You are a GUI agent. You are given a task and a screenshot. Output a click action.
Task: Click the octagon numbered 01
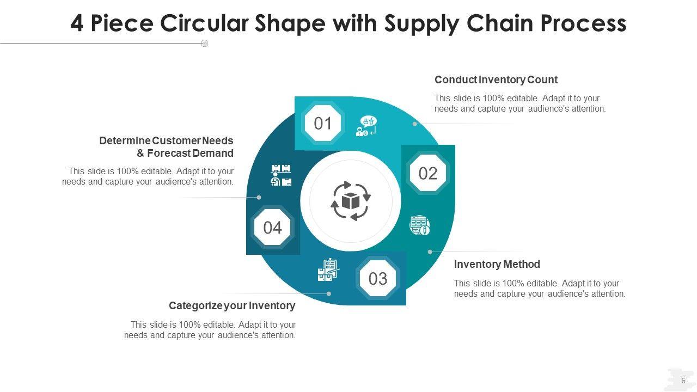(x=323, y=123)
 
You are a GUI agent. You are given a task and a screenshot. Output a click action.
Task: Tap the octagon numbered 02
(x=428, y=173)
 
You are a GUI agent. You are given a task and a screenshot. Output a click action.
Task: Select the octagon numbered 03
(x=377, y=278)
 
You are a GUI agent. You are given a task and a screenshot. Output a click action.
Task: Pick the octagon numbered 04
(x=272, y=227)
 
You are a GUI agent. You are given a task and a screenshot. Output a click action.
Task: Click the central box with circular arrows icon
(x=351, y=201)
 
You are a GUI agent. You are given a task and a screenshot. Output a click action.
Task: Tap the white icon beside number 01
(x=366, y=126)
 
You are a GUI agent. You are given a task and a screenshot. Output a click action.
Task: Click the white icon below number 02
(x=420, y=225)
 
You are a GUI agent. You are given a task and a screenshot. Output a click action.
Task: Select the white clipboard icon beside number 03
(x=328, y=270)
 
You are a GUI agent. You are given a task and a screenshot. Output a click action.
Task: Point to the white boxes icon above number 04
(x=281, y=175)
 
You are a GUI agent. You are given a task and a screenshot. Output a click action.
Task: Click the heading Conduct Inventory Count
(x=496, y=80)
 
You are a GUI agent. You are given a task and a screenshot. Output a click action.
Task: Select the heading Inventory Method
(x=497, y=265)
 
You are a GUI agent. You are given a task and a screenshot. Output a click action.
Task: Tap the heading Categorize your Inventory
(x=232, y=305)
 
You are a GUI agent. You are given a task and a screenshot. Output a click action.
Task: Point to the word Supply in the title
(x=421, y=23)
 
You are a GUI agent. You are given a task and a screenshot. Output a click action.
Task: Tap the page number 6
(x=683, y=381)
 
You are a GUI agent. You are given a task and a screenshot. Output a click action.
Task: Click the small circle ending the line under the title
(x=205, y=44)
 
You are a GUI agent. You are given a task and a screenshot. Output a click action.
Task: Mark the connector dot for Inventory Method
(x=430, y=252)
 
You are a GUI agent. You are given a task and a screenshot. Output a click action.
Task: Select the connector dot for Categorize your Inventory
(x=329, y=293)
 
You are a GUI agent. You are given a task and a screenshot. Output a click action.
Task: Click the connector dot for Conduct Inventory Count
(x=415, y=124)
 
